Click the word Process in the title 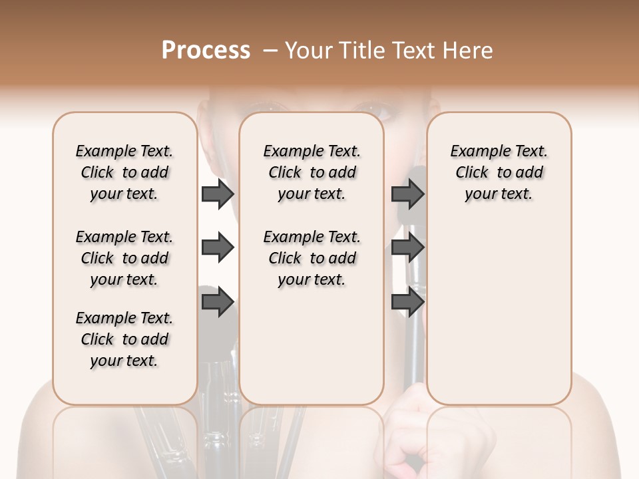(x=206, y=51)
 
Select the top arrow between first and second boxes (x=218, y=194)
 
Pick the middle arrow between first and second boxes (x=218, y=248)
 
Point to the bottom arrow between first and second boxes (x=218, y=302)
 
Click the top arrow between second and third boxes (x=408, y=194)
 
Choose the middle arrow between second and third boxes (x=408, y=248)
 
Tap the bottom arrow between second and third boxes (x=408, y=302)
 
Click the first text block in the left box (x=124, y=172)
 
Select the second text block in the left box (x=124, y=258)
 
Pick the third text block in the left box (x=124, y=339)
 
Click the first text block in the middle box (x=312, y=172)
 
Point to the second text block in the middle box (x=312, y=258)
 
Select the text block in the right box (x=499, y=172)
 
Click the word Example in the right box (x=474, y=152)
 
